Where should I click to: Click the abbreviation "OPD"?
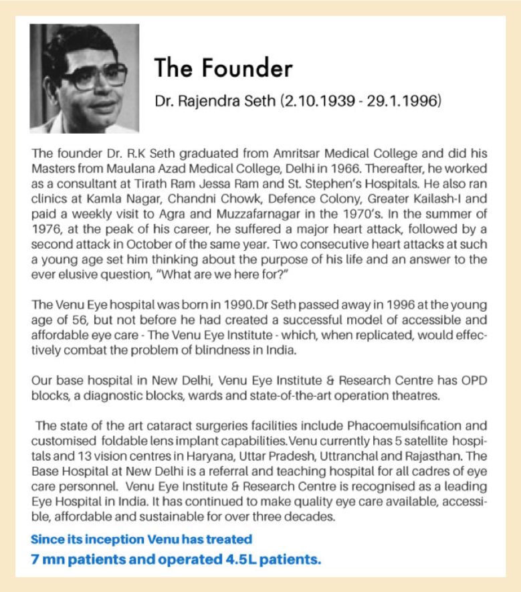472,380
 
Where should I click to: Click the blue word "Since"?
49,538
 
